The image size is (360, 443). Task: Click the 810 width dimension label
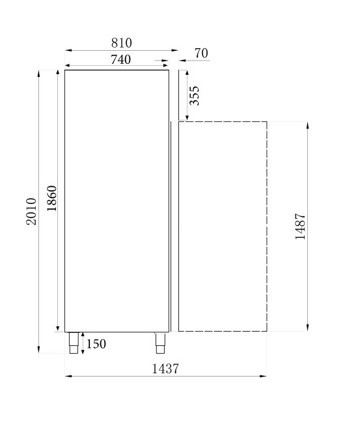(x=121, y=43)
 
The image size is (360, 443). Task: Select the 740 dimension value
(x=121, y=59)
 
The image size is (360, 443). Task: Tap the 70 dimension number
(x=201, y=53)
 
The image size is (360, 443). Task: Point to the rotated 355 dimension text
(x=194, y=95)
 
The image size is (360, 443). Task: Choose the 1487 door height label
(x=300, y=226)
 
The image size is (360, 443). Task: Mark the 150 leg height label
(x=96, y=344)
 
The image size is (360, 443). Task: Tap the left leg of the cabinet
(x=74, y=343)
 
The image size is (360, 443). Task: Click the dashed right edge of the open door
(x=267, y=226)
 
